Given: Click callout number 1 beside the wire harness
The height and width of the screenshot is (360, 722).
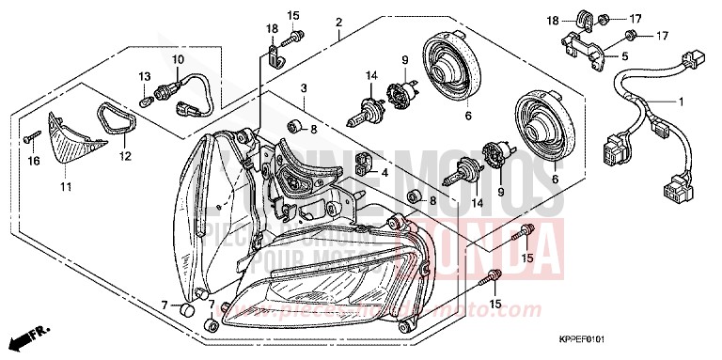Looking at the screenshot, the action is tap(682, 102).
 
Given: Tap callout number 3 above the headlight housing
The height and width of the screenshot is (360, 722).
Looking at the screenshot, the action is tap(304, 88).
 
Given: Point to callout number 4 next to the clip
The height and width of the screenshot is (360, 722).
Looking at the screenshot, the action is tap(385, 174).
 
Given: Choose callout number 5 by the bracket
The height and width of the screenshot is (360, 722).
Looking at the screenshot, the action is tap(623, 56).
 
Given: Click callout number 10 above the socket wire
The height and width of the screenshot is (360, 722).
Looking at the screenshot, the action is tap(175, 59).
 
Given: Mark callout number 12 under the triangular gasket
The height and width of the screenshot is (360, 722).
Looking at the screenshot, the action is tap(124, 155).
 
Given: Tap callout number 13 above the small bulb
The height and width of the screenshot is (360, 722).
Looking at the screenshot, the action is tap(145, 76).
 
